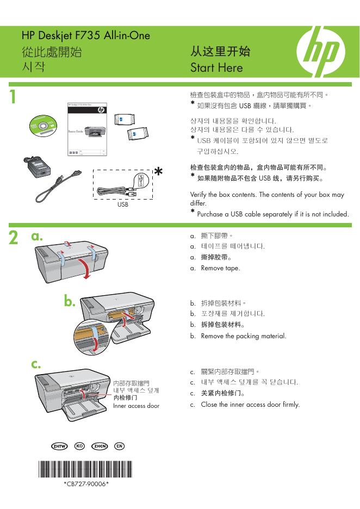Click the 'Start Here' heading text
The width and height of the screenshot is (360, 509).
click(216, 68)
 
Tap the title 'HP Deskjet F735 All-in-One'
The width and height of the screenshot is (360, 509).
click(86, 36)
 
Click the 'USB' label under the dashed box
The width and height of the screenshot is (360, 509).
click(123, 206)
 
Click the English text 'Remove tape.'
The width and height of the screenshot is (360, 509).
click(220, 268)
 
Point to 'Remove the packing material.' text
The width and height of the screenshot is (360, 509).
click(243, 336)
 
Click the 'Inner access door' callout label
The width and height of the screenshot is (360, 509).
click(136, 406)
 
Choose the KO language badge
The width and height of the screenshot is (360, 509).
click(79, 446)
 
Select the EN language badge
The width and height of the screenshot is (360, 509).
click(120, 446)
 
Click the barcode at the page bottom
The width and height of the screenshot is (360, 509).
click(86, 468)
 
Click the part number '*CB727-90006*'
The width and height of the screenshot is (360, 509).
click(86, 482)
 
